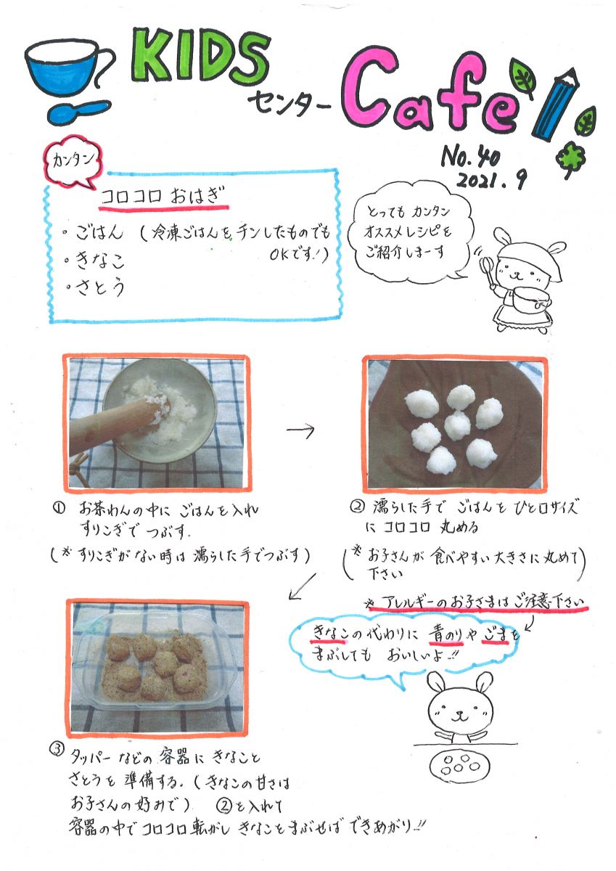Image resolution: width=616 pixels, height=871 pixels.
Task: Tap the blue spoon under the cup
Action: tap(78, 112)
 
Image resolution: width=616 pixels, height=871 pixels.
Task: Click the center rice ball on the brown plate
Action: tap(457, 426)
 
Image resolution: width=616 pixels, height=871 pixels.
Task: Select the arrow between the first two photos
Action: tap(300, 429)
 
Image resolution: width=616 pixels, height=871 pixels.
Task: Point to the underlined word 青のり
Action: tap(445, 635)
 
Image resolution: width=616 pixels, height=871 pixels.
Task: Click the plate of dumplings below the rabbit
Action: tap(461, 764)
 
